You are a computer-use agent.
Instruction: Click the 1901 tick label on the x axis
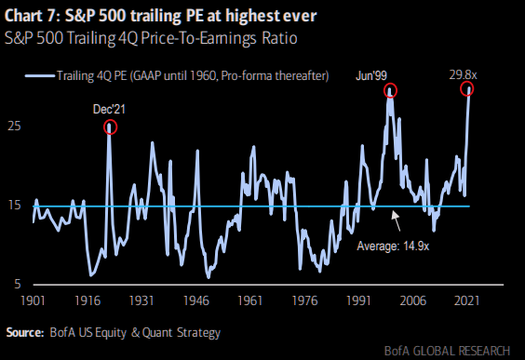34,302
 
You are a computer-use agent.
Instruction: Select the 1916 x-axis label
87,302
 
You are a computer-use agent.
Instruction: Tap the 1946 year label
195,302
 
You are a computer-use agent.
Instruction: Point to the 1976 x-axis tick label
302,302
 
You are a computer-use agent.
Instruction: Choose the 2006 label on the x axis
411,302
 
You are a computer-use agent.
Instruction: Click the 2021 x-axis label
465,302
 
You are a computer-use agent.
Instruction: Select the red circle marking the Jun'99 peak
389,90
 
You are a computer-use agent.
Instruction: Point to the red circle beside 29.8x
467,88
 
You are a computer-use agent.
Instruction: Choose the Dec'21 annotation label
109,109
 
